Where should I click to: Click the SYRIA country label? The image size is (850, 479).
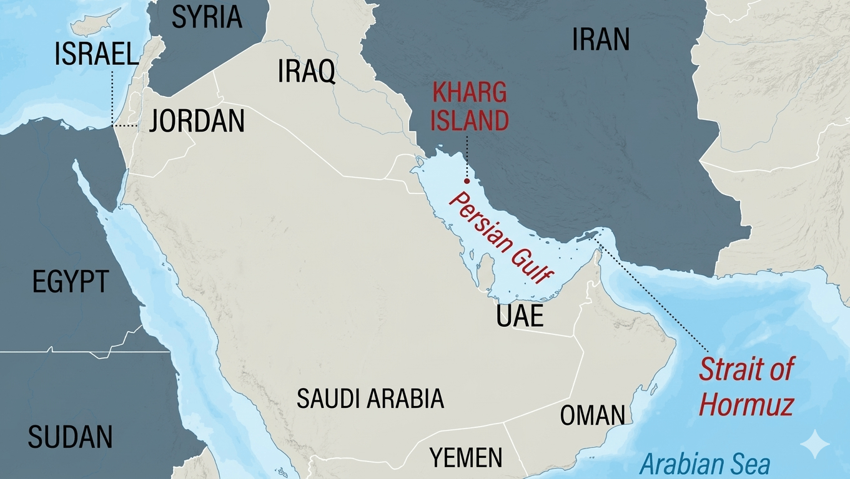[x=207, y=17]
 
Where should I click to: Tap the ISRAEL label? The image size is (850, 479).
[x=97, y=55]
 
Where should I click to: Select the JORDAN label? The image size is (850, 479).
[x=197, y=120]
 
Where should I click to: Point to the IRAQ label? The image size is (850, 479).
[x=306, y=72]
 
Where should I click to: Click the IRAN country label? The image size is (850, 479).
[x=601, y=40]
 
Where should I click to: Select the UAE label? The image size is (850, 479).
[x=520, y=316]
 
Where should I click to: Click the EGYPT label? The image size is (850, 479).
[x=71, y=282]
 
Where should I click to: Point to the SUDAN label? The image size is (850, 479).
[x=70, y=437]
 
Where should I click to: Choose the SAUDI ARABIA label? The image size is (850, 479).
[x=370, y=399]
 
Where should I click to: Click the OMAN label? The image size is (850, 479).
[x=592, y=415]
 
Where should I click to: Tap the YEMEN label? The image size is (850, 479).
[x=466, y=458]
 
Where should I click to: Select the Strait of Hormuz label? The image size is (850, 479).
[x=746, y=387]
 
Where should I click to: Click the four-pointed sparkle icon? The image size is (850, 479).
[x=814, y=443]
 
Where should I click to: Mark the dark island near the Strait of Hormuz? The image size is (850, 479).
[x=585, y=236]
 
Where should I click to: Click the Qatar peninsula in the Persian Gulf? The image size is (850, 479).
[x=483, y=273]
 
